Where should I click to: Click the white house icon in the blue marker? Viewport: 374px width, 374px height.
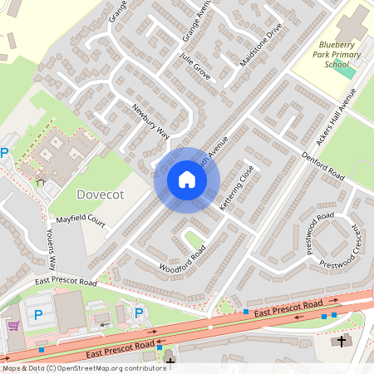[187, 180]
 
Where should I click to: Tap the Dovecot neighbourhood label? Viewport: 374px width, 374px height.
[99, 194]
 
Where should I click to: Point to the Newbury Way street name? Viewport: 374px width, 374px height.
[150, 121]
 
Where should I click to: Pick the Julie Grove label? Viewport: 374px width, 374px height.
[197, 67]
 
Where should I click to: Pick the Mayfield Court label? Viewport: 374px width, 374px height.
[81, 222]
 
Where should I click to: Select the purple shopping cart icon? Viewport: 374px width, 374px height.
[13, 325]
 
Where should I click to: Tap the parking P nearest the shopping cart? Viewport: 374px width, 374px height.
[37, 316]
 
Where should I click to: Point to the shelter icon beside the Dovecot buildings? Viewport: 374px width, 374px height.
[41, 181]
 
